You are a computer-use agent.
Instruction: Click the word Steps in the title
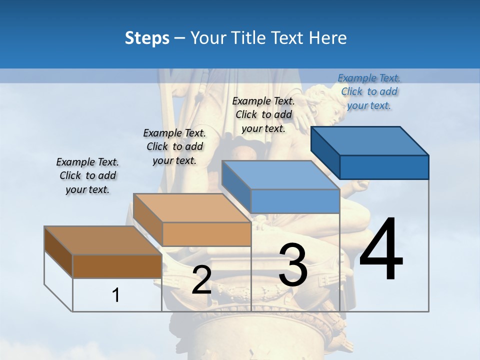(x=147, y=38)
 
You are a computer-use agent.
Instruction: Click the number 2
(x=201, y=280)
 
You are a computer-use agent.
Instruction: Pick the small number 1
(x=116, y=295)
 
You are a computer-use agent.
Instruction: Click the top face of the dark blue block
(x=370, y=140)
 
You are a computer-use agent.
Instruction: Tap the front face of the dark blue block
(x=384, y=167)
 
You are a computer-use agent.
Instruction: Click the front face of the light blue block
(x=295, y=201)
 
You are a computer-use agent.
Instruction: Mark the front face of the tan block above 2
(x=206, y=234)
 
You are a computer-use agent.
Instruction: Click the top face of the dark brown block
(x=103, y=240)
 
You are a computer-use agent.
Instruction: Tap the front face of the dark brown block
(x=117, y=266)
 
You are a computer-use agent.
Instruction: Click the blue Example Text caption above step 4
(x=369, y=91)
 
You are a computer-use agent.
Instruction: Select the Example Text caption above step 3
(x=263, y=114)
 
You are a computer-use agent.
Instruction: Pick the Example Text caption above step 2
(x=174, y=146)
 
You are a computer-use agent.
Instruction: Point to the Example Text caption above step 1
(x=87, y=175)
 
